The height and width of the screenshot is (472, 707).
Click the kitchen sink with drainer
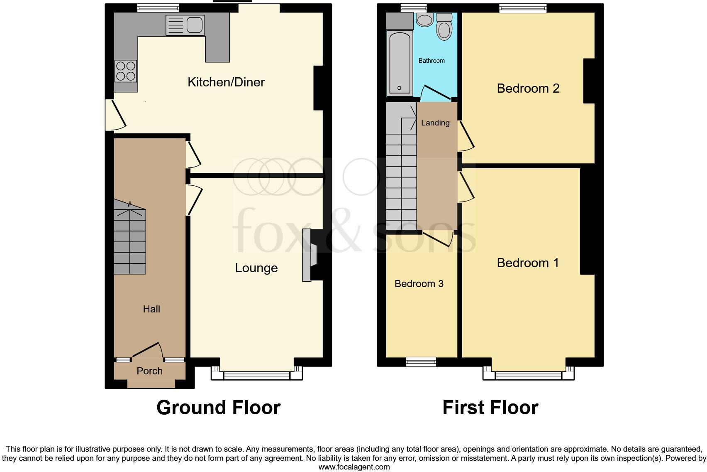click(185, 25)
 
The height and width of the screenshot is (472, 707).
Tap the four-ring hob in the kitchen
click(126, 71)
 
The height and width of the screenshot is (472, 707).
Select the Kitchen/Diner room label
click(226, 82)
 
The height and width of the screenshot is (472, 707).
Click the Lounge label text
click(256, 268)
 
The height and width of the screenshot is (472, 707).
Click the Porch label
click(149, 371)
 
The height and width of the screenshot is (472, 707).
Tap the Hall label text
click(151, 309)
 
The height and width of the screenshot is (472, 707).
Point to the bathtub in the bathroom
click(399, 63)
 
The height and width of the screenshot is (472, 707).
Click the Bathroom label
click(432, 61)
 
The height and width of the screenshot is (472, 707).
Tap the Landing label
click(435, 123)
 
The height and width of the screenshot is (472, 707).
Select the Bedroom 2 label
click(528, 88)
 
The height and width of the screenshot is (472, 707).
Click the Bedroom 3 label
click(419, 284)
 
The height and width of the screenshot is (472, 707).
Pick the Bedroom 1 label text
click(528, 263)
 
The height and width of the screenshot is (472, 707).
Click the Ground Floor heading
click(218, 408)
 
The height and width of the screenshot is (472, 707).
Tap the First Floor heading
click(490, 408)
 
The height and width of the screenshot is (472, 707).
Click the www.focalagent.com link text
click(354, 467)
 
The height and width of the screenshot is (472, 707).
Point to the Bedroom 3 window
click(421, 361)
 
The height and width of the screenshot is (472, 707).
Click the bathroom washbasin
click(424, 20)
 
